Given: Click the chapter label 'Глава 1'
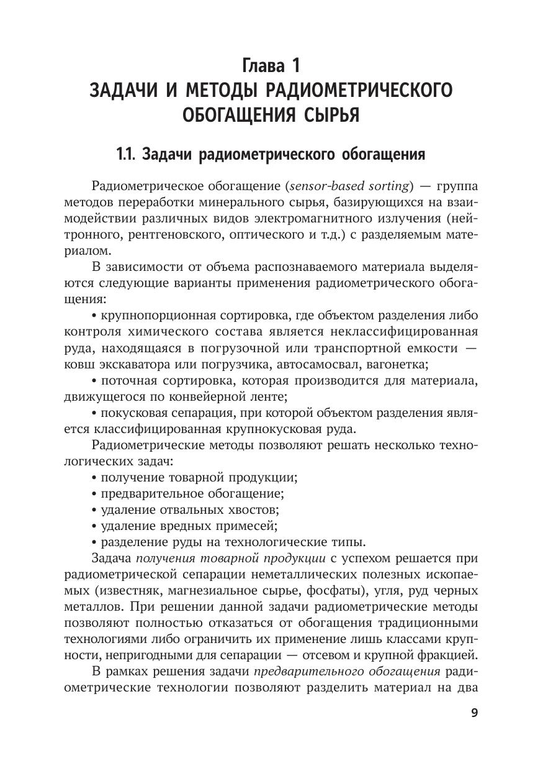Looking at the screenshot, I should click(x=271, y=65).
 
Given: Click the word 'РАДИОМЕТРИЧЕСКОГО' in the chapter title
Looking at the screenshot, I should click(x=359, y=90).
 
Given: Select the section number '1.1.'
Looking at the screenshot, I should click(x=127, y=155).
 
